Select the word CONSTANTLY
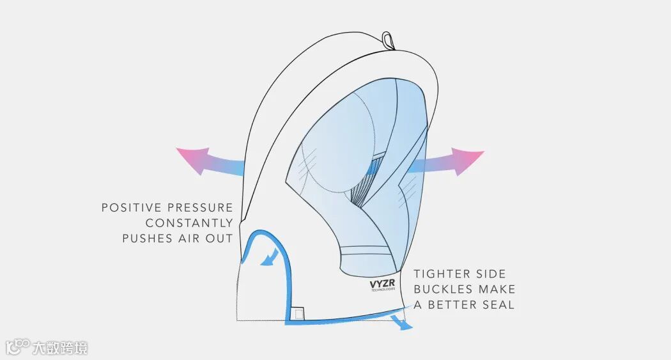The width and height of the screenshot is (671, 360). point(189,223)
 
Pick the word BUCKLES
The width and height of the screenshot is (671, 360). point(443,290)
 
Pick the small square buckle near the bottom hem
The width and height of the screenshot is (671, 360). point(297,313)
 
